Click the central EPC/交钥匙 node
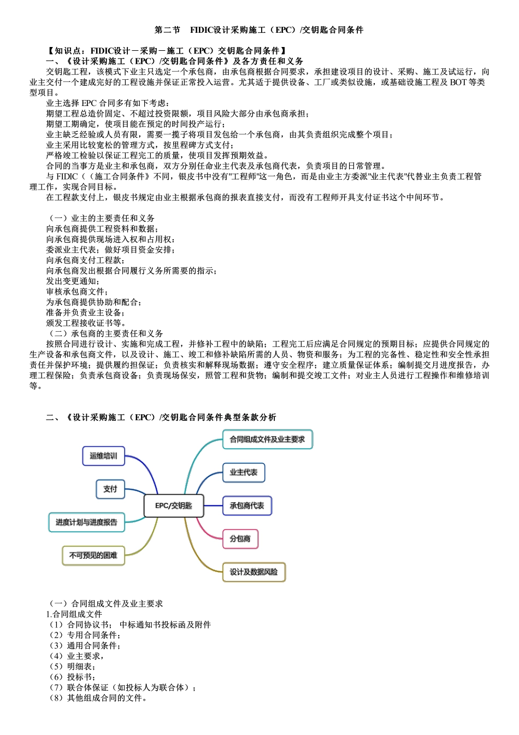click(174, 505)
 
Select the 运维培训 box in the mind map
click(103, 456)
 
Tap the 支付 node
click(110, 489)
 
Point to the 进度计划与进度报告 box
click(86, 522)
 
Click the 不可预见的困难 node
click(93, 555)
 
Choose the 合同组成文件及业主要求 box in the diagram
click(267, 439)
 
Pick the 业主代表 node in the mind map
click(244, 472)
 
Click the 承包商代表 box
click(247, 505)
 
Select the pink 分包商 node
click(240, 539)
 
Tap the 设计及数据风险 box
click(253, 572)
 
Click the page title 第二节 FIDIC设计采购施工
click(259, 30)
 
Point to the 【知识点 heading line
click(167, 51)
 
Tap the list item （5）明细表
click(73, 666)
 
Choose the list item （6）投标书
click(73, 677)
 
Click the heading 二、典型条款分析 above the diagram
click(162, 418)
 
